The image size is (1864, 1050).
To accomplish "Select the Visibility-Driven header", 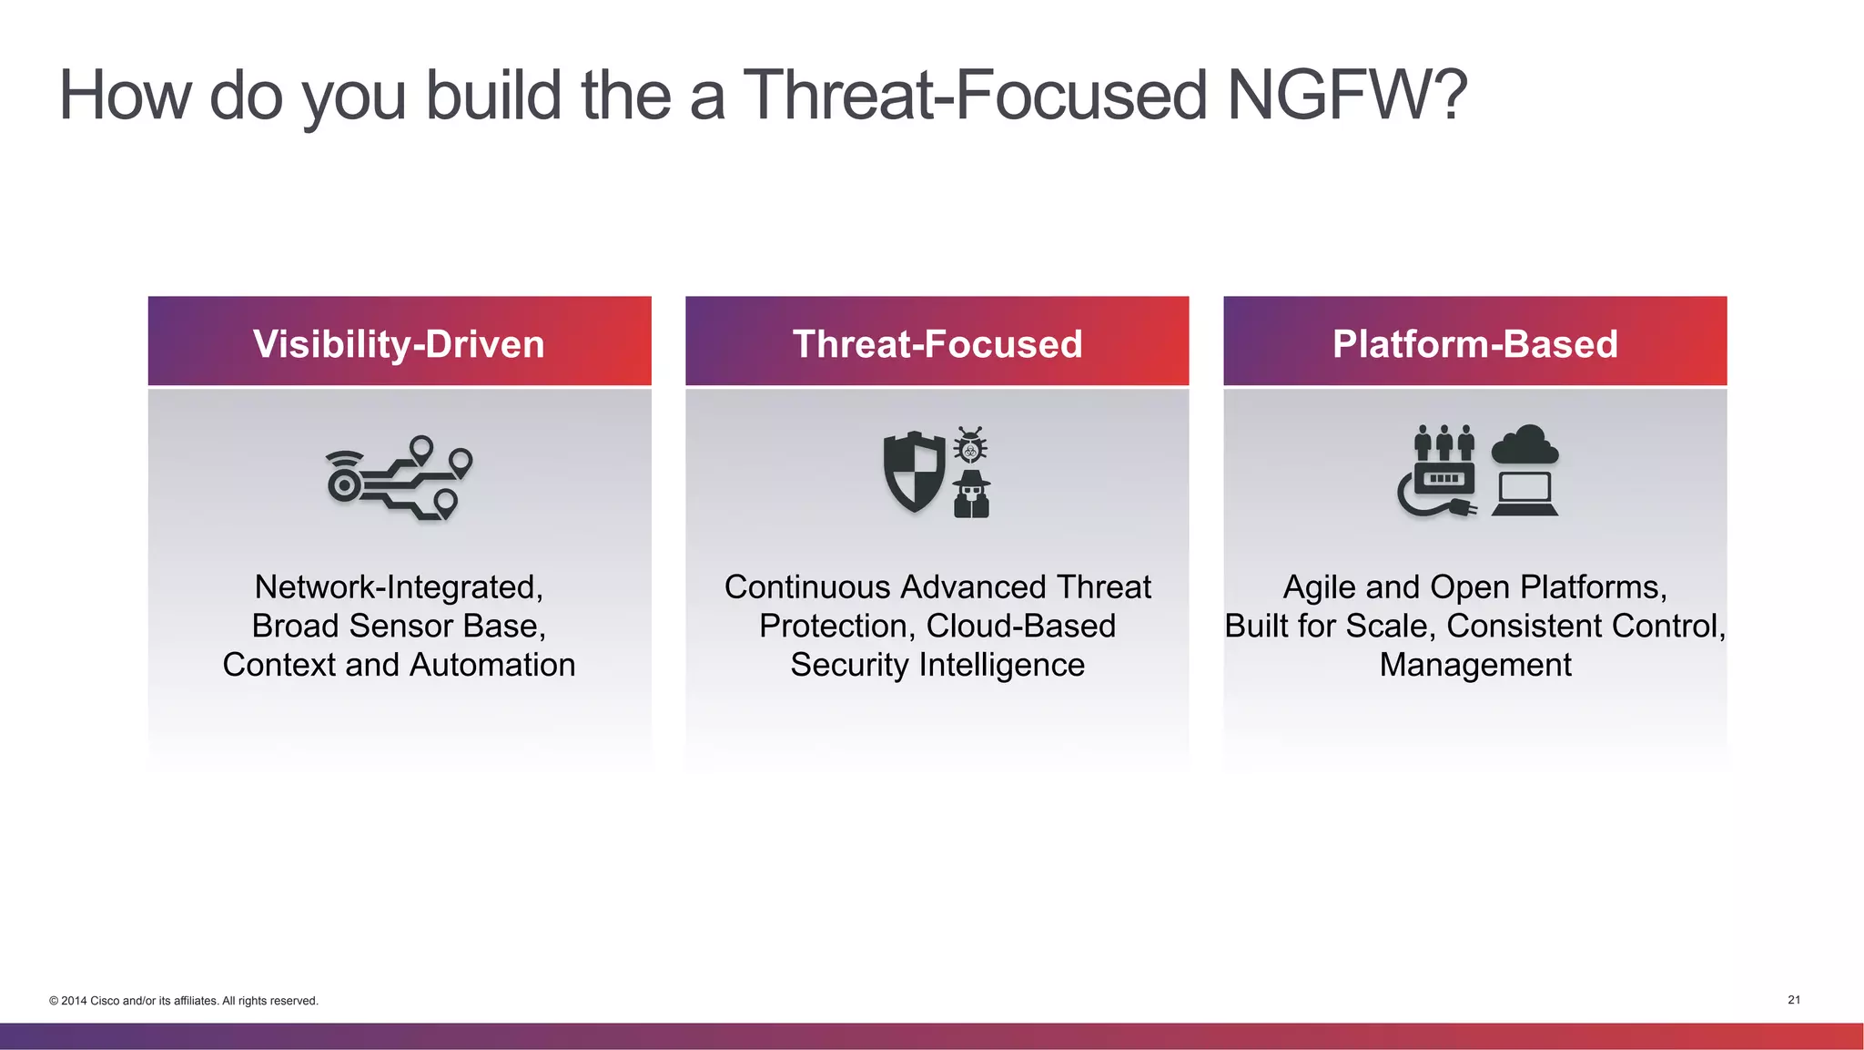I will (x=399, y=344).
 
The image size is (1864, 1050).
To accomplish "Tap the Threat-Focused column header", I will (x=937, y=344).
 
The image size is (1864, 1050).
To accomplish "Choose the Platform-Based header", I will (x=1474, y=344).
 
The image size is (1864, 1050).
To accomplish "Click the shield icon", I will (x=914, y=472).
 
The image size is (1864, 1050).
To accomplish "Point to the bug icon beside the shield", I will (x=970, y=445).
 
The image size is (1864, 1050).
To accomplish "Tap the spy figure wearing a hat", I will (x=971, y=495).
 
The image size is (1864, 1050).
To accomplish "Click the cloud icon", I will (x=1525, y=445).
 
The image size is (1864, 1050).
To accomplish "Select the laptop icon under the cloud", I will (x=1525, y=494).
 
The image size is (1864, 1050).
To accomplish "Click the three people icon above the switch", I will (x=1444, y=443).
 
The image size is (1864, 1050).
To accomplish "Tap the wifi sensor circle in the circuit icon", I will (x=345, y=484).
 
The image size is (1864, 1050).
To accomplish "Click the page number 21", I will (x=1794, y=1000).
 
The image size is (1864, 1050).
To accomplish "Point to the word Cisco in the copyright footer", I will (x=105, y=1001).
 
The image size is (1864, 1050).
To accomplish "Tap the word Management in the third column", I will (x=1474, y=666).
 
